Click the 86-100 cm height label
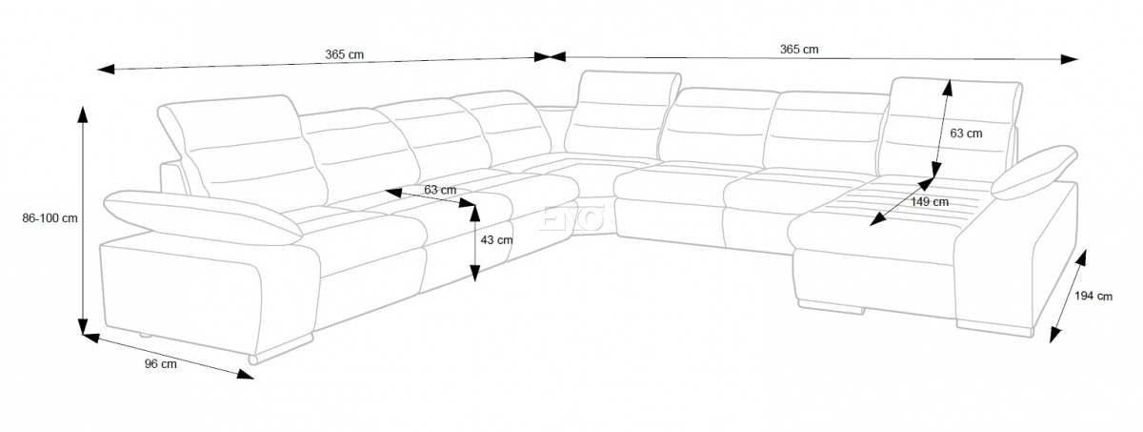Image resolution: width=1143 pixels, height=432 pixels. (50, 218)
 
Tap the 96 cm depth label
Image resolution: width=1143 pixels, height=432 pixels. (161, 364)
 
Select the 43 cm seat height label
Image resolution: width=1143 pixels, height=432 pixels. (496, 240)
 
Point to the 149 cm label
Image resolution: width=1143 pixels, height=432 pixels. (930, 202)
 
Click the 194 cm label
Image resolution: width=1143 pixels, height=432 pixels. (1093, 297)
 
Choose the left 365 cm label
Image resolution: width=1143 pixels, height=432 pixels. (345, 54)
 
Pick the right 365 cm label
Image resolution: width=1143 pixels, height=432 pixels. (799, 50)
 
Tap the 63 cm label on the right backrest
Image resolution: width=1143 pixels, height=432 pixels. (966, 134)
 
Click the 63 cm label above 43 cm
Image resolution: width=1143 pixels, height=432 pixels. (440, 190)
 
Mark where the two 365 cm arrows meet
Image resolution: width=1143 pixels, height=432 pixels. (550, 56)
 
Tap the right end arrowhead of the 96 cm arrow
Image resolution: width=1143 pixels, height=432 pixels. (246, 374)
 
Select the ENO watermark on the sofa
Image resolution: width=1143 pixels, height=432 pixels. (571, 218)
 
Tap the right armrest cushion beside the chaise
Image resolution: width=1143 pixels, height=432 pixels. (1033, 172)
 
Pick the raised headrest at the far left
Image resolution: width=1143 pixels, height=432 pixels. (242, 148)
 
